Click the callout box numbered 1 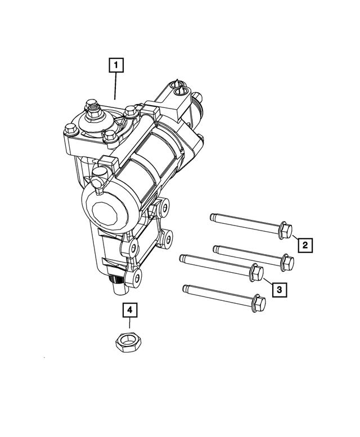click(116, 66)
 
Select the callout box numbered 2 click(305, 245)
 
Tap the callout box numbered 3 click(280, 289)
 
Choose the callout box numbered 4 click(129, 309)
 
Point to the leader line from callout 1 click(116, 87)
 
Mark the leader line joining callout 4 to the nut click(129, 325)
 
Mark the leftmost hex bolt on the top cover click(70, 130)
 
